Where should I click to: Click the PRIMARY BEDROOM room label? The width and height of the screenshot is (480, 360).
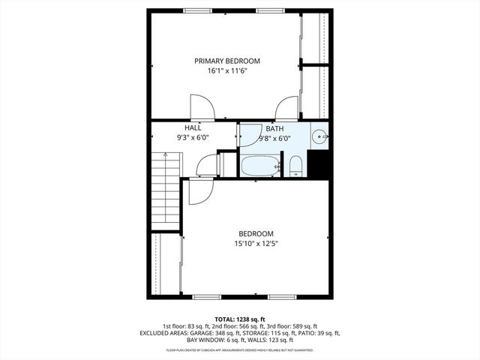click(226, 61)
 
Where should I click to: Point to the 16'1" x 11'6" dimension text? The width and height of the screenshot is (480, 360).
click(226, 71)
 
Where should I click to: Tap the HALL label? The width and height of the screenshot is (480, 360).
click(193, 128)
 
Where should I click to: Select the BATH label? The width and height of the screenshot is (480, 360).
click(274, 128)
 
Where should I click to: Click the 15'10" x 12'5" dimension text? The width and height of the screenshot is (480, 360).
click(256, 243)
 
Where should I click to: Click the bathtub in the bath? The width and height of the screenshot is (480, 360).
click(260, 166)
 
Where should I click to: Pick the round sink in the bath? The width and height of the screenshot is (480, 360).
click(319, 137)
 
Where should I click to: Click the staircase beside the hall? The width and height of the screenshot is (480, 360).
click(165, 191)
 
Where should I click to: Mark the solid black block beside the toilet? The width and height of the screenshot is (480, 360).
click(319, 164)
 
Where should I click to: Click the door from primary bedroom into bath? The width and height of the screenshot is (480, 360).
click(286, 109)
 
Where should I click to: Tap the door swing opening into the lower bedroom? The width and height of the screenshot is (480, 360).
click(199, 191)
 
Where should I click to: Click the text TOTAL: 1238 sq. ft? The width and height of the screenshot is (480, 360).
click(240, 318)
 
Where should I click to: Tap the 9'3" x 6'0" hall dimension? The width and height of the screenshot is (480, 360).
click(193, 138)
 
